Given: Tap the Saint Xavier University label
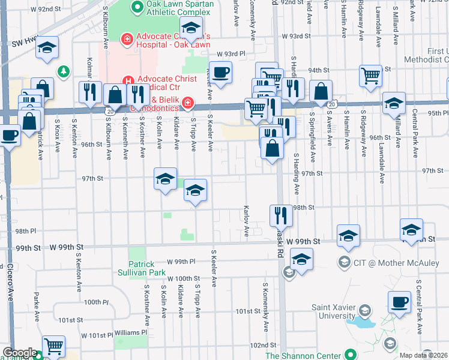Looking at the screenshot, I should [x=333, y=311].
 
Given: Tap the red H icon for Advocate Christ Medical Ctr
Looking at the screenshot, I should [x=127, y=80].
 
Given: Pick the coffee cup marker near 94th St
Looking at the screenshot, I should [x=220, y=72].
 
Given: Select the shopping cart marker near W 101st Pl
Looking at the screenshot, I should [x=53, y=346].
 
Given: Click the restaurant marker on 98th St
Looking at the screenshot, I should [x=281, y=214].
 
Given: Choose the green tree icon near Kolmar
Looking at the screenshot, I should [x=63, y=71].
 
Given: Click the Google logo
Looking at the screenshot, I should [x=19, y=353].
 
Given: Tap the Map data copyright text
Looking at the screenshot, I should [x=423, y=355].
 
